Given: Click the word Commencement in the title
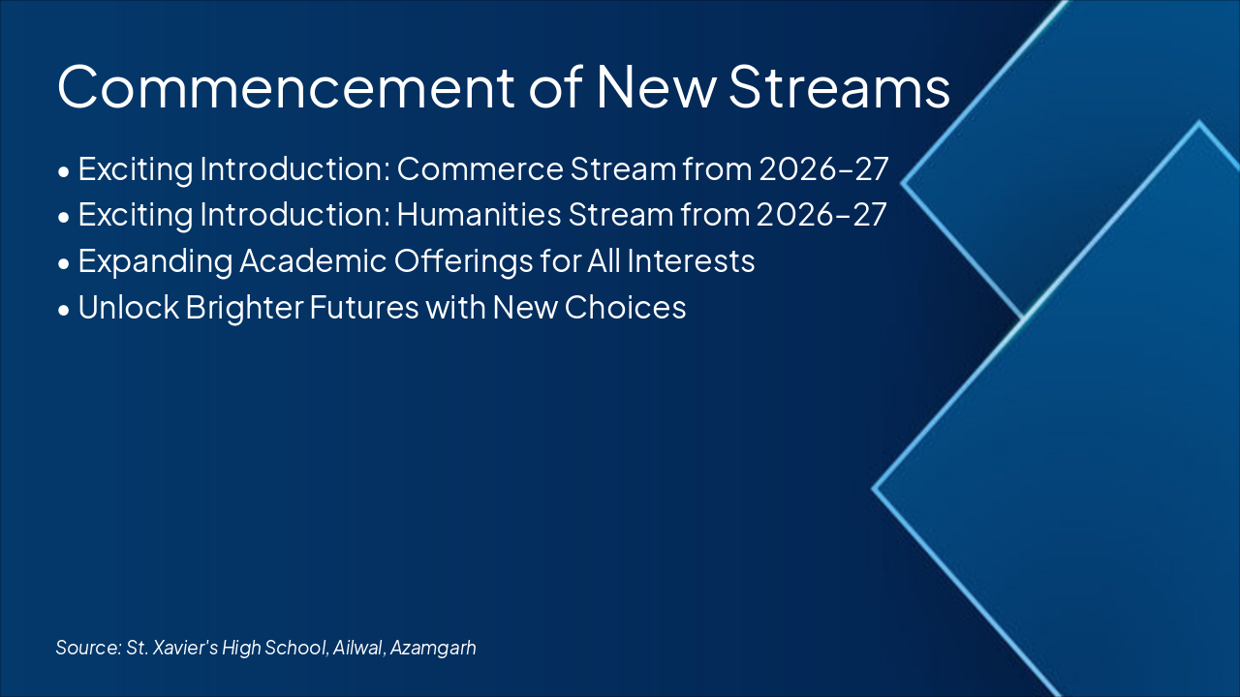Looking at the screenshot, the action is pyautogui.click(x=286, y=87).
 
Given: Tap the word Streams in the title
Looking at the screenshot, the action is pyautogui.click(x=839, y=87).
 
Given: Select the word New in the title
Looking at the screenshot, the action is pyautogui.click(x=656, y=87).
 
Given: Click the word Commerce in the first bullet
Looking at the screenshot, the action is pyautogui.click(x=480, y=168).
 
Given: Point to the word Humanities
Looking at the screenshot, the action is pyautogui.click(x=479, y=214).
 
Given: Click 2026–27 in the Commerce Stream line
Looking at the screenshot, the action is pyautogui.click(x=823, y=168).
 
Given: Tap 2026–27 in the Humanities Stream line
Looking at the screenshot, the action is pyautogui.click(x=821, y=214).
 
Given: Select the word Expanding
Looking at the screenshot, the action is pyautogui.click(x=155, y=261).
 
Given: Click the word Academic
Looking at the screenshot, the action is pyautogui.click(x=313, y=260).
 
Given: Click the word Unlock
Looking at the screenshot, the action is pyautogui.click(x=129, y=307).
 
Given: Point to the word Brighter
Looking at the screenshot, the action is pyautogui.click(x=244, y=308).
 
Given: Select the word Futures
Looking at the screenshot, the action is pyautogui.click(x=364, y=307).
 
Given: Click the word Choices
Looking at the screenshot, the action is pyautogui.click(x=625, y=307).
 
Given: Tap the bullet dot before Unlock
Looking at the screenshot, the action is pyautogui.click(x=64, y=310).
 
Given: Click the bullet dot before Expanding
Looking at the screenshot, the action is pyautogui.click(x=64, y=264).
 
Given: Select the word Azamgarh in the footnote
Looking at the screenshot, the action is pyautogui.click(x=433, y=648).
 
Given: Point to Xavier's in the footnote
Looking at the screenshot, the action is pyautogui.click(x=184, y=648).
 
